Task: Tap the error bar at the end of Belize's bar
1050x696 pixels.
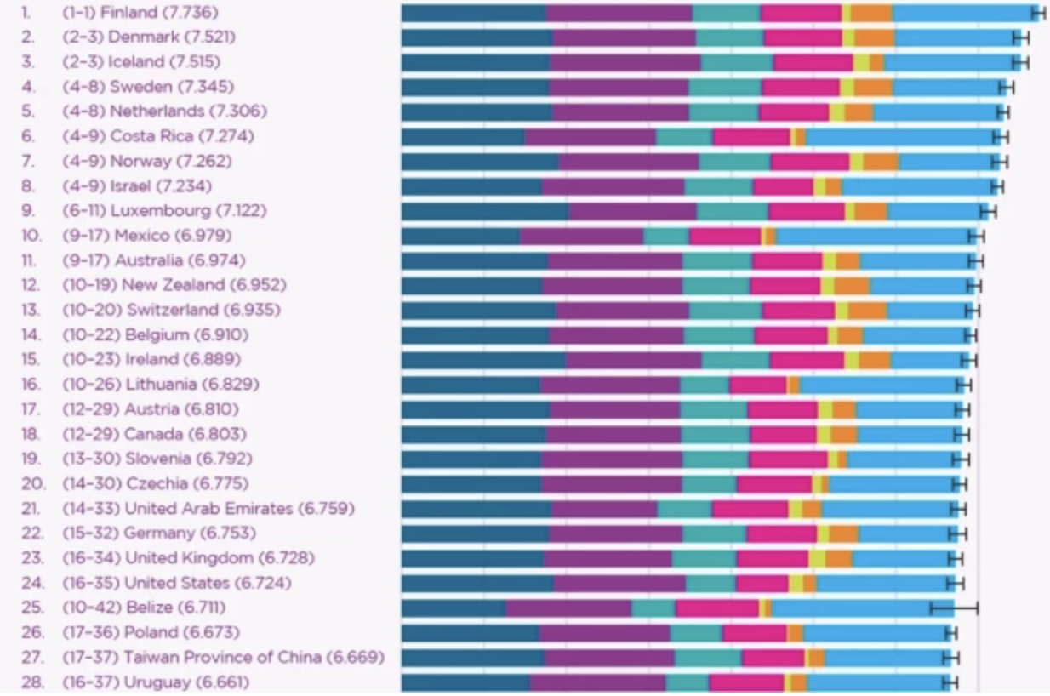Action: coord(954,608)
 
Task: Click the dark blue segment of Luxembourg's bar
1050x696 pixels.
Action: coord(484,211)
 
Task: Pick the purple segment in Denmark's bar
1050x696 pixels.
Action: coord(624,37)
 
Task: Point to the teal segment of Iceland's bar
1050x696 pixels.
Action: coord(737,62)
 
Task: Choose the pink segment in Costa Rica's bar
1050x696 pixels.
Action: coord(750,137)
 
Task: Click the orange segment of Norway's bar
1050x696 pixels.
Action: coord(881,162)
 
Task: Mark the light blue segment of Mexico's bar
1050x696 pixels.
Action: coord(872,236)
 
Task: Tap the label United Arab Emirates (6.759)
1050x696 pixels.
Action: coord(239,509)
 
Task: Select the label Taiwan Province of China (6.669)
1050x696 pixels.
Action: coord(254,658)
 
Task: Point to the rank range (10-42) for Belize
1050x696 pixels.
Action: coord(91,608)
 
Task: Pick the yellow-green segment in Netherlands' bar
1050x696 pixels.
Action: coord(837,112)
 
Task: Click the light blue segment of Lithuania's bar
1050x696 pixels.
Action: coord(878,385)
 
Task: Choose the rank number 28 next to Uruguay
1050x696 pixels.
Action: coord(31,682)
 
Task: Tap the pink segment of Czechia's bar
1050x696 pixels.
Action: coord(774,484)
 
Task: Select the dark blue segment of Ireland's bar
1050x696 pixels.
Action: coord(482,360)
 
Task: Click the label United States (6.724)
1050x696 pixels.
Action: coord(208,583)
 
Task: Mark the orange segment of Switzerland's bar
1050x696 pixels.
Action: coord(867,311)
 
